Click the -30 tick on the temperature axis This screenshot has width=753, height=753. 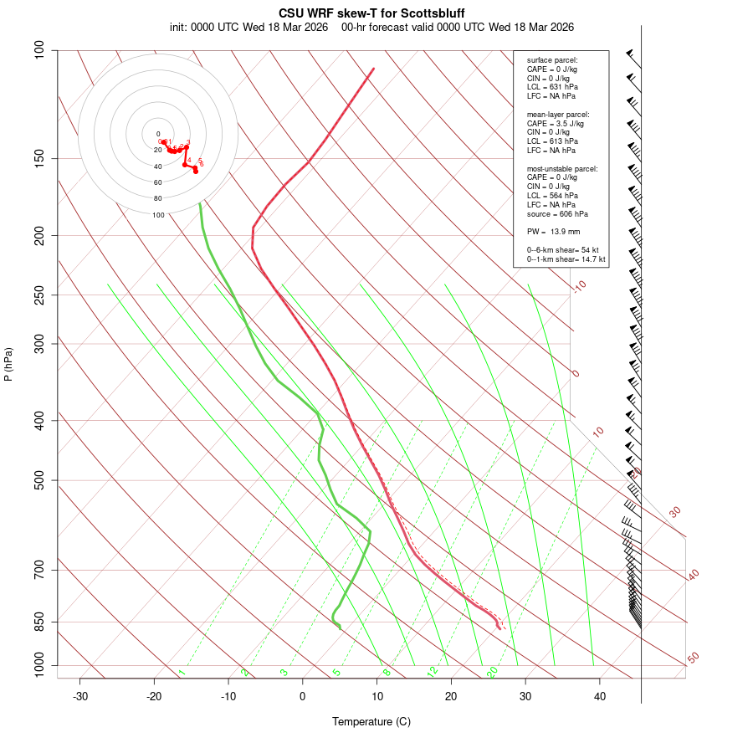pos(80,696)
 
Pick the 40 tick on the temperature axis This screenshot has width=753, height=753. pos(600,696)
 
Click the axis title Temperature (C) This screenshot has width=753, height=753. pos(371,721)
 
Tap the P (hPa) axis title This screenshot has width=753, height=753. pos(8,365)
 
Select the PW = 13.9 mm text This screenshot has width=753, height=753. pos(553,231)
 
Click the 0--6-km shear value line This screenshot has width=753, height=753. pos(563,249)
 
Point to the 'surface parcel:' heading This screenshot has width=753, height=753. pos(552,60)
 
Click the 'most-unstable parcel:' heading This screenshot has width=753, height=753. pos(562,168)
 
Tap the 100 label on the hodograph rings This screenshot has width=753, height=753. pos(158,215)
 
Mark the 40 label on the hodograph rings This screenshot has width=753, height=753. pos(158,166)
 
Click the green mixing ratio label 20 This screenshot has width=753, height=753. pos(493,672)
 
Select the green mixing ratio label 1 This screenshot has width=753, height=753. pos(182,673)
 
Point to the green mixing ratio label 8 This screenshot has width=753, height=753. pos(387,672)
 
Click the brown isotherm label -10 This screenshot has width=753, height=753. pos(579,286)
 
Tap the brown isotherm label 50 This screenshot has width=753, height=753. pos(693,658)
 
